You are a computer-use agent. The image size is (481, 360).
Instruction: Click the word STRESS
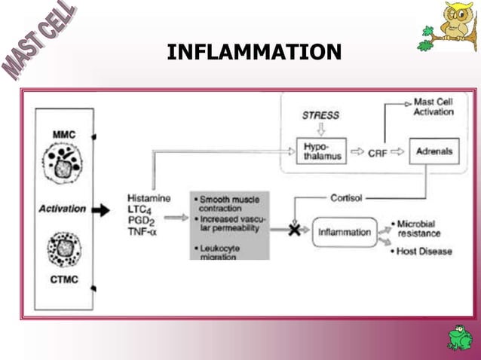(x=320, y=115)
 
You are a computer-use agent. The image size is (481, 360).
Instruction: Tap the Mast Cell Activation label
(x=434, y=107)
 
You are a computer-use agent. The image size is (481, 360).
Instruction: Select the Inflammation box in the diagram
(x=345, y=232)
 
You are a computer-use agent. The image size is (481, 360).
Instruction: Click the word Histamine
(x=149, y=198)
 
